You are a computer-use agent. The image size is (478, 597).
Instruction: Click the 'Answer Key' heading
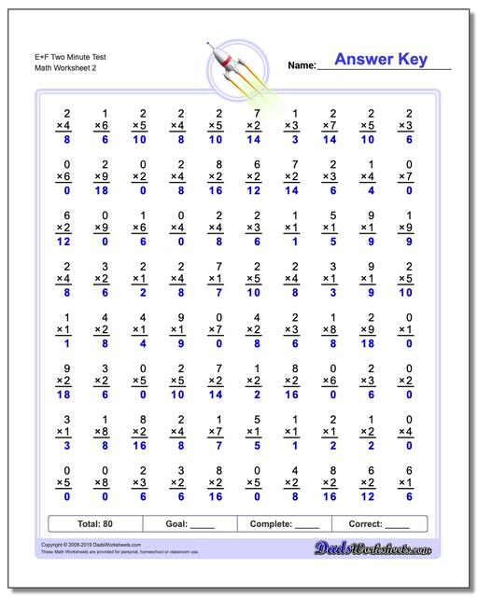coord(381,61)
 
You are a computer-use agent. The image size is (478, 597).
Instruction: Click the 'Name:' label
coord(302,65)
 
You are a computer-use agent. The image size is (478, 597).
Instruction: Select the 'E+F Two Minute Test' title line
coord(55,58)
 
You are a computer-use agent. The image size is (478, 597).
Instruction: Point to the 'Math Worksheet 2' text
coord(50,68)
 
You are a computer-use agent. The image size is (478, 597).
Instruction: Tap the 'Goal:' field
coord(190,524)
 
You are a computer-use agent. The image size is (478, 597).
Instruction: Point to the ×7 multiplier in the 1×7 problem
coord(215,431)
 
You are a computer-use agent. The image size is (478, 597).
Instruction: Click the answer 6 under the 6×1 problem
coord(405,497)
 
